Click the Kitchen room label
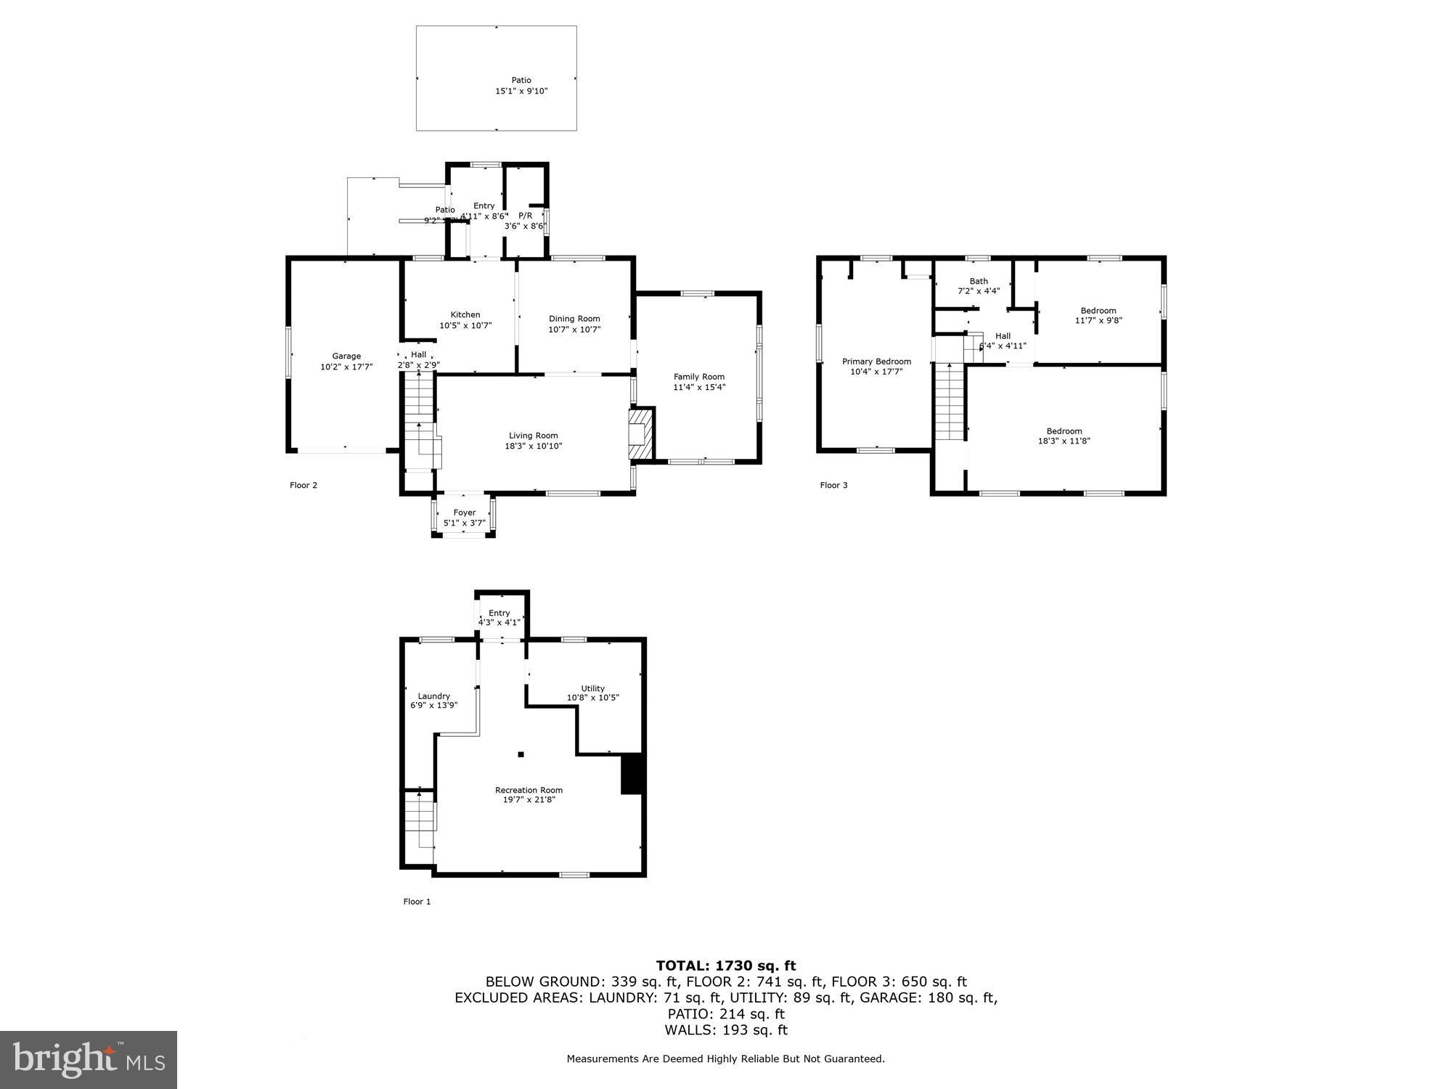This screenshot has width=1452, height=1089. point(465,314)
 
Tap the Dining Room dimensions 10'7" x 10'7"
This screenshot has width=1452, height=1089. point(574,330)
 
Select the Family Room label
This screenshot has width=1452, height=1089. point(699,376)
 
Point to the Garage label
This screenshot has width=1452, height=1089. point(346,356)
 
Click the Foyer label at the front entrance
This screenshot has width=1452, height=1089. point(465,513)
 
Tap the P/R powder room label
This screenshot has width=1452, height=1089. point(525,216)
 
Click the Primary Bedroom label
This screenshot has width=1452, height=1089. point(876,362)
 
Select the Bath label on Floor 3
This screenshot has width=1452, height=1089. point(979,281)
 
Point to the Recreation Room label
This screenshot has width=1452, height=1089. point(529,790)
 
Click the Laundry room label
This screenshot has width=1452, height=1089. point(434,696)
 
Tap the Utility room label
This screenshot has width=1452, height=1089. point(592,688)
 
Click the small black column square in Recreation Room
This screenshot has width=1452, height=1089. point(521,754)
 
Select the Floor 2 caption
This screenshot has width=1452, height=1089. point(303,485)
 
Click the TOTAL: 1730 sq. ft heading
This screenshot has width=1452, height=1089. point(726,966)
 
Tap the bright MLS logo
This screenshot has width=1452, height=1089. point(89,1060)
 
